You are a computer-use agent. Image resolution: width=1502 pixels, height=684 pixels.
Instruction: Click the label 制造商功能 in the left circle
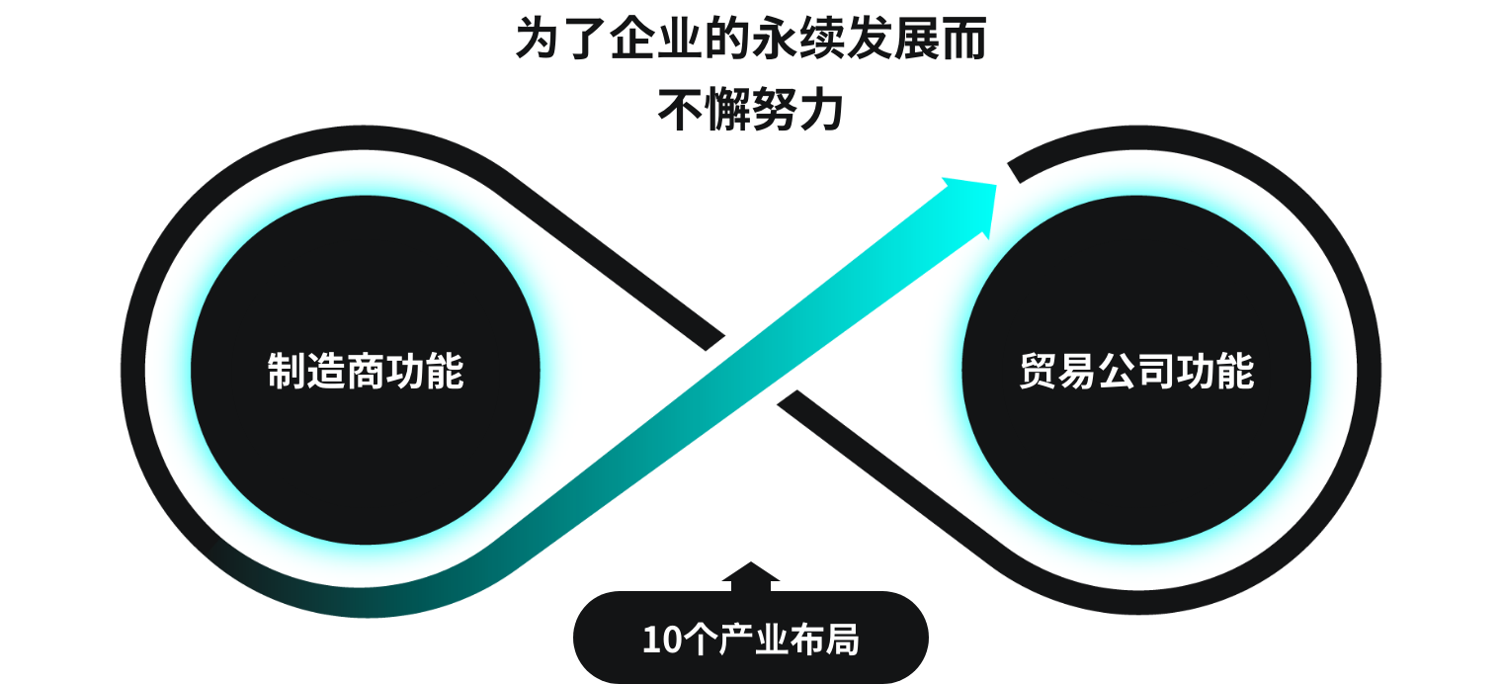366,372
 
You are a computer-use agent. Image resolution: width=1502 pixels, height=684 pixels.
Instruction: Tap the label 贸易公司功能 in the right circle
1136,372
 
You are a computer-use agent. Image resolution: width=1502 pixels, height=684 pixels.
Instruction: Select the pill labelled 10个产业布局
751,639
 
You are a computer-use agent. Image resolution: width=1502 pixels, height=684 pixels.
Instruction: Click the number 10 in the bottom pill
661,640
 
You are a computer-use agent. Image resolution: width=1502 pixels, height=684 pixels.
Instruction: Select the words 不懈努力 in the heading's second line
751,111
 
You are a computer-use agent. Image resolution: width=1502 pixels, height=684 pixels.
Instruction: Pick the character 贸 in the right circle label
1039,372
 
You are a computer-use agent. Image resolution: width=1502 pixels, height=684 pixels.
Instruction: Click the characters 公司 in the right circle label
1136,372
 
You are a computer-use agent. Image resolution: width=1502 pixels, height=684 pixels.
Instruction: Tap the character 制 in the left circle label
287,372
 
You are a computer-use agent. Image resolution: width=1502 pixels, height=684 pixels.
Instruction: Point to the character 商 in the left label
366,372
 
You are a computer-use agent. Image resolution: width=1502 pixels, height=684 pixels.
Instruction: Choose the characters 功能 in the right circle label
1215,372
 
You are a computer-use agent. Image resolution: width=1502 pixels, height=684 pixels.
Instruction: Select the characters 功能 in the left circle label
425,372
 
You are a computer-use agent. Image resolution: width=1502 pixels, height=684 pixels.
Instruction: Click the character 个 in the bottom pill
699,640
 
